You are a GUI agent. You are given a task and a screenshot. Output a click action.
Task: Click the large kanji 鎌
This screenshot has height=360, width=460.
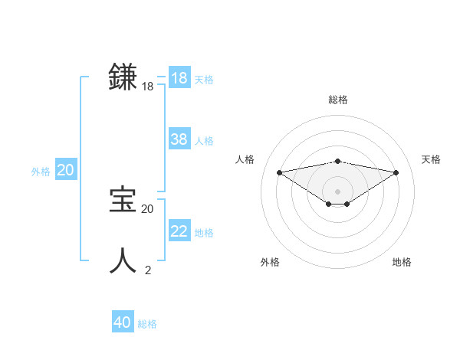[123, 78]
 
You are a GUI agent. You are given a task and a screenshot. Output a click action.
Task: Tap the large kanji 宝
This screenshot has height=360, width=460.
[123, 200]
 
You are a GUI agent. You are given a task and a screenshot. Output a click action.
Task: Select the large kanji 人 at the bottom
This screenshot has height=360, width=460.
[123, 260]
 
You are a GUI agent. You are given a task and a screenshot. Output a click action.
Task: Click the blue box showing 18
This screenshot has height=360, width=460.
[179, 78]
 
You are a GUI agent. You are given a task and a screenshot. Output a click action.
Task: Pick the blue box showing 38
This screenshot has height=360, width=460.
[179, 139]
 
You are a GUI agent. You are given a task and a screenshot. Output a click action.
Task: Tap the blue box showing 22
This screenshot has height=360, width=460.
[179, 231]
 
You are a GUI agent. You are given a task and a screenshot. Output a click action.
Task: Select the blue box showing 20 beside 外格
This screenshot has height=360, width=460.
[65, 170]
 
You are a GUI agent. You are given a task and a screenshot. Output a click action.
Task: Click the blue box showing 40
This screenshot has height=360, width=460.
[123, 322]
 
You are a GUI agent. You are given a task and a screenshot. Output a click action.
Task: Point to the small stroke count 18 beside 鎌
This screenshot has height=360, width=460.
[148, 87]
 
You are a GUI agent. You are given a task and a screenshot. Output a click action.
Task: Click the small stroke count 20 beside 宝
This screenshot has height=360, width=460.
[148, 208]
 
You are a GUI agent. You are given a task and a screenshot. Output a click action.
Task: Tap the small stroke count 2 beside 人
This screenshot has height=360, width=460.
[148, 270]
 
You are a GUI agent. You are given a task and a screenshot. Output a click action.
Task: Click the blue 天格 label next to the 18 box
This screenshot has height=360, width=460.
[204, 80]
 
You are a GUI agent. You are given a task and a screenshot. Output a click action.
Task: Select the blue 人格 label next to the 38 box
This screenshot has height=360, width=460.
[204, 141]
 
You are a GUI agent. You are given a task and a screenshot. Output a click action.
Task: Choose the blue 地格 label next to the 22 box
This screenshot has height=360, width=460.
[204, 233]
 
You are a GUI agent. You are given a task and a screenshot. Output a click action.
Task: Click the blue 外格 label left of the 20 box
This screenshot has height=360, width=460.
[41, 172]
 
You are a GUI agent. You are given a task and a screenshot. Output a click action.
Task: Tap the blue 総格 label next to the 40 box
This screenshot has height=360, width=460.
[147, 324]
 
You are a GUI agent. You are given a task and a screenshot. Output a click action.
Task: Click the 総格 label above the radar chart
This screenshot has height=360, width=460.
[338, 100]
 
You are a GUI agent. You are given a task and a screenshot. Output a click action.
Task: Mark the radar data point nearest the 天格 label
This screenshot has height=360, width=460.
[396, 172]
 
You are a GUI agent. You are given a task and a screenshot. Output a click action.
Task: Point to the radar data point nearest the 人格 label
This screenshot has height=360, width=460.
[279, 172]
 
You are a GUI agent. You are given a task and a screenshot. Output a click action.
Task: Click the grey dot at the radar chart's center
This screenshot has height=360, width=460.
[337, 191]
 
